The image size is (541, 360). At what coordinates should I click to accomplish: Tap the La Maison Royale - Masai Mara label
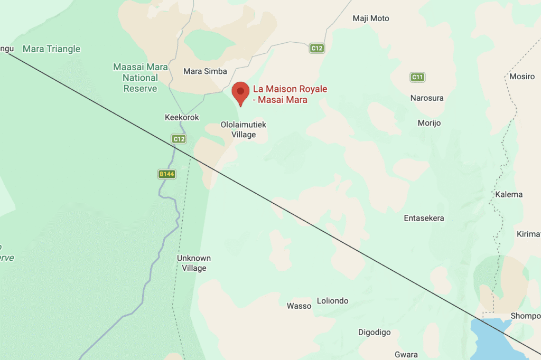tap(290, 94)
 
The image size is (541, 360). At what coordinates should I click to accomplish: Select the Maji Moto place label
tap(371, 18)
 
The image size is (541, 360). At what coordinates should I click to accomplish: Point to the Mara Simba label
tap(205, 71)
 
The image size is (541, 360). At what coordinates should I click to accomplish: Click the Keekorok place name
tap(182, 117)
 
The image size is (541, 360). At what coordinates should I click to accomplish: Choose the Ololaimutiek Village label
tap(244, 130)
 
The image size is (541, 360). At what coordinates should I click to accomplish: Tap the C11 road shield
tap(417, 78)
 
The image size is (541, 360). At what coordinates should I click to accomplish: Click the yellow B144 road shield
tap(166, 174)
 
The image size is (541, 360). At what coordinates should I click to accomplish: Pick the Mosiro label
tap(522, 77)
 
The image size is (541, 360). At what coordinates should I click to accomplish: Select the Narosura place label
tap(427, 98)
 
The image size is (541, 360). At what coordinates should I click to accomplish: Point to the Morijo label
tap(429, 123)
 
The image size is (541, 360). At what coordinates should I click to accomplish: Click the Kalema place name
tap(509, 194)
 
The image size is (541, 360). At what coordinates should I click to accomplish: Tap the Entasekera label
tap(424, 218)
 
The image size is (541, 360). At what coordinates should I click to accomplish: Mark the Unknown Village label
tap(194, 263)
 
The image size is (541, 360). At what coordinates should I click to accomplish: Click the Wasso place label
tap(299, 306)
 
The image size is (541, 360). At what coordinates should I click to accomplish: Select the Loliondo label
tap(332, 301)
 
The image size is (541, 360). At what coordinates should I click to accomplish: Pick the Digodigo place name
tap(375, 333)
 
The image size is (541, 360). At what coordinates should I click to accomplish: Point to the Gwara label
tap(406, 355)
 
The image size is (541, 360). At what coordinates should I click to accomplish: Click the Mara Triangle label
tap(51, 49)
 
